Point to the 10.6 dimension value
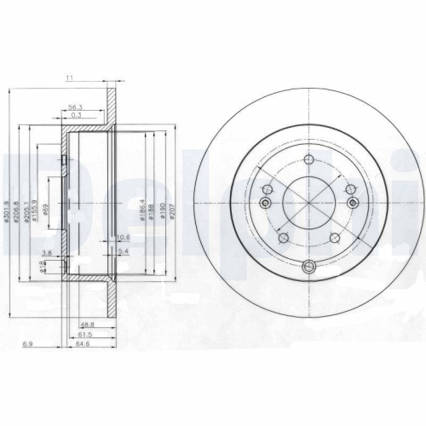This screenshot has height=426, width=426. (x=122, y=237)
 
